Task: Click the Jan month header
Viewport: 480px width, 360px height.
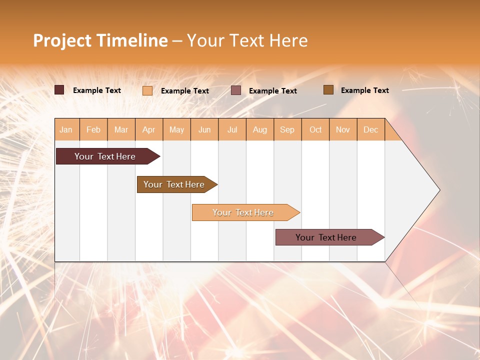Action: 66,129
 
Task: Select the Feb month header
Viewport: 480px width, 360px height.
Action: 93,129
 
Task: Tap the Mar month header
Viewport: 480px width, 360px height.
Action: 121,129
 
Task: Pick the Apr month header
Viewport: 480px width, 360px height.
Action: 149,129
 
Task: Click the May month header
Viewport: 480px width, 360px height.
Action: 176,129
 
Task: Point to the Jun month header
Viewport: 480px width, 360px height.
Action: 204,129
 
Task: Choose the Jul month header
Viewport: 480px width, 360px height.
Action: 232,129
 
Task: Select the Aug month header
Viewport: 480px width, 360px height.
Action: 260,129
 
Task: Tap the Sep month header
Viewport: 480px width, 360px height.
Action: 287,129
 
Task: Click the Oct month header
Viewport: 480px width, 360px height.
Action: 315,129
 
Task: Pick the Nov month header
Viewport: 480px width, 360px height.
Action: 343,129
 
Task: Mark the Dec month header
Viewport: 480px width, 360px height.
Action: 371,129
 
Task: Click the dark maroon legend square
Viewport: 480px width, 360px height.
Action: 59,90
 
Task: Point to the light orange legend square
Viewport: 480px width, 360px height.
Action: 147,90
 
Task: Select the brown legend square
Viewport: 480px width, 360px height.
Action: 328,90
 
